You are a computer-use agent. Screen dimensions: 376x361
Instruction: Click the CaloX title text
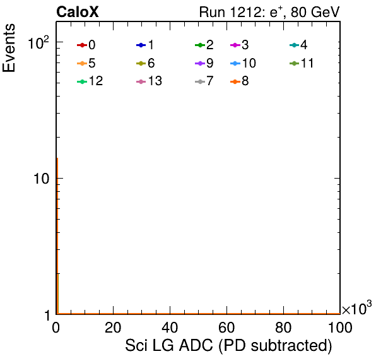coord(78,12)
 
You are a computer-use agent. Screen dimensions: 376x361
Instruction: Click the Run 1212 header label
coord(269,12)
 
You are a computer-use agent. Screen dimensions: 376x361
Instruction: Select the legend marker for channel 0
coord(82,45)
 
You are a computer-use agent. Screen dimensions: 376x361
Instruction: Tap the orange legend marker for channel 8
coord(235,81)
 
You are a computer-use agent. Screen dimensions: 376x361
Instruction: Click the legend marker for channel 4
coord(295,45)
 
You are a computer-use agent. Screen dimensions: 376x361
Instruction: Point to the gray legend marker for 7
coord(200,81)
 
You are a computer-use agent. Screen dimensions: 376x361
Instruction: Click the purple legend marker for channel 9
coord(200,63)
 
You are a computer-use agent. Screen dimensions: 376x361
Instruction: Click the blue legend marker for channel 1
coord(141,45)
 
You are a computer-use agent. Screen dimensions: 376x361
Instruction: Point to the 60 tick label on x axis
coord(226,328)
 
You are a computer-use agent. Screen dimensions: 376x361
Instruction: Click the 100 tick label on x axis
coord(340,328)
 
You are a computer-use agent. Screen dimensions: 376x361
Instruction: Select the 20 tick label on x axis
coord(113,328)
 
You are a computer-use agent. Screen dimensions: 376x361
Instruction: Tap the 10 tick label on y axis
coord(41,179)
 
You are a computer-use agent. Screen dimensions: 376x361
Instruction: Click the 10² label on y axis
coord(38,43)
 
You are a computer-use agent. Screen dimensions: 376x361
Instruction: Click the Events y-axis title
coord(9,48)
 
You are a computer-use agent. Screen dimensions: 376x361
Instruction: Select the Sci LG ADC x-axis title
coord(228,346)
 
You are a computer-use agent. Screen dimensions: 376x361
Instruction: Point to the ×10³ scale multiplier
coord(357,308)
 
